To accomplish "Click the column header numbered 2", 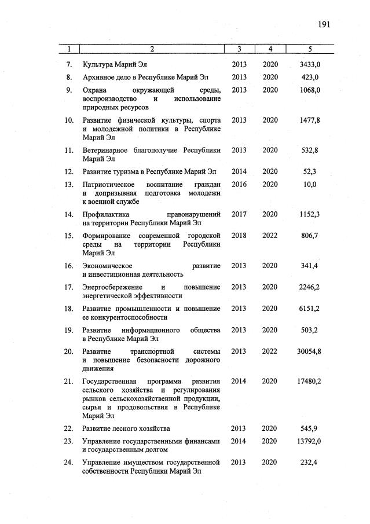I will pyautogui.click(x=152, y=49).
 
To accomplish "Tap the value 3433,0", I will pyautogui.click(x=310, y=64).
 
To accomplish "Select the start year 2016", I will pyautogui.click(x=239, y=185).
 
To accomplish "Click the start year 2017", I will pyautogui.click(x=239, y=214).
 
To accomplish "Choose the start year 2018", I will pyautogui.click(x=239, y=236).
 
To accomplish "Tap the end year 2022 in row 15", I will pyautogui.click(x=270, y=236).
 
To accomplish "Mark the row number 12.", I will pyautogui.click(x=68, y=171).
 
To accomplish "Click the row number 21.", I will pyautogui.click(x=68, y=381).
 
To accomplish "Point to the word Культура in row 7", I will pyautogui.click(x=98, y=64).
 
